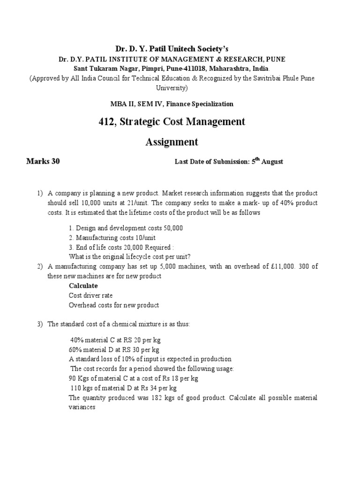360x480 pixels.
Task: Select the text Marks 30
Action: click(43, 162)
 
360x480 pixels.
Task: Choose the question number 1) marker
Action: click(40, 194)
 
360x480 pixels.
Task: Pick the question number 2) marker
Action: click(40, 267)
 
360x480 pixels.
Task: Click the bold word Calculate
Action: click(83, 285)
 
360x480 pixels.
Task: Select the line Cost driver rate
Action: click(90, 295)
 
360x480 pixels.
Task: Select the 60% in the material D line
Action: click(75, 350)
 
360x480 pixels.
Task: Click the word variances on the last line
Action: click(82, 407)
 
